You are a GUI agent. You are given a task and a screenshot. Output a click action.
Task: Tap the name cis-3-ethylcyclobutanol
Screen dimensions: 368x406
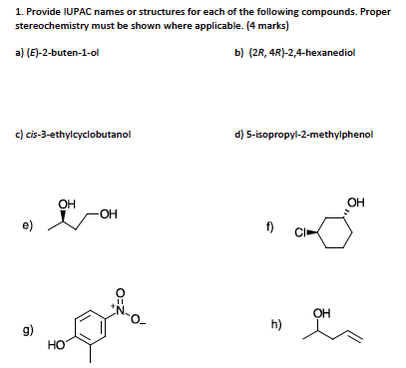pyautogui.click(x=76, y=133)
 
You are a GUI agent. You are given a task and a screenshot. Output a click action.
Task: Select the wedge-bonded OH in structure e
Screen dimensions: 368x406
pyautogui.click(x=67, y=205)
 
